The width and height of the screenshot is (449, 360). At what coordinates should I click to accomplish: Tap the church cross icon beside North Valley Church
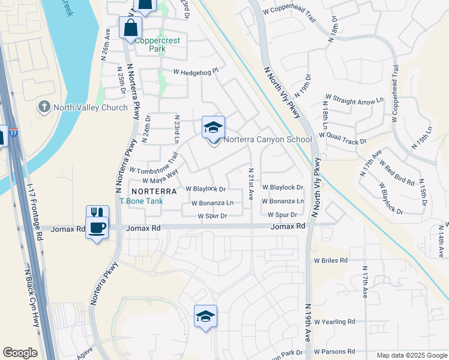click(x=44, y=107)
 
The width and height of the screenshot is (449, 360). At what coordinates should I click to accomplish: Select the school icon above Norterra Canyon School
click(x=213, y=127)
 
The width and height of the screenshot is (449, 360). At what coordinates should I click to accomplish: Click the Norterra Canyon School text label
click(x=268, y=140)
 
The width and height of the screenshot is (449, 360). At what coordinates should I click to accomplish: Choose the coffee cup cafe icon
click(x=97, y=227)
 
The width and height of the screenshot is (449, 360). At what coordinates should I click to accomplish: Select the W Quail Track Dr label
click(x=343, y=137)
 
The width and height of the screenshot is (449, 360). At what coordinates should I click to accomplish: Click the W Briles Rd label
click(x=331, y=260)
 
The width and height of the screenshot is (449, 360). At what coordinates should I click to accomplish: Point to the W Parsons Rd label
click(x=334, y=352)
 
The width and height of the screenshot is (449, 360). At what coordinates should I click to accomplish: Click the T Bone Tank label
click(x=141, y=201)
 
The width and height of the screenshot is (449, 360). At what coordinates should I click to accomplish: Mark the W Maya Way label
click(x=160, y=177)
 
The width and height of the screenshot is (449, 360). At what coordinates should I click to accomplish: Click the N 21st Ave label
click(x=251, y=184)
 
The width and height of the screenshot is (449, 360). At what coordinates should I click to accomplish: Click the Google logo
click(x=20, y=353)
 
